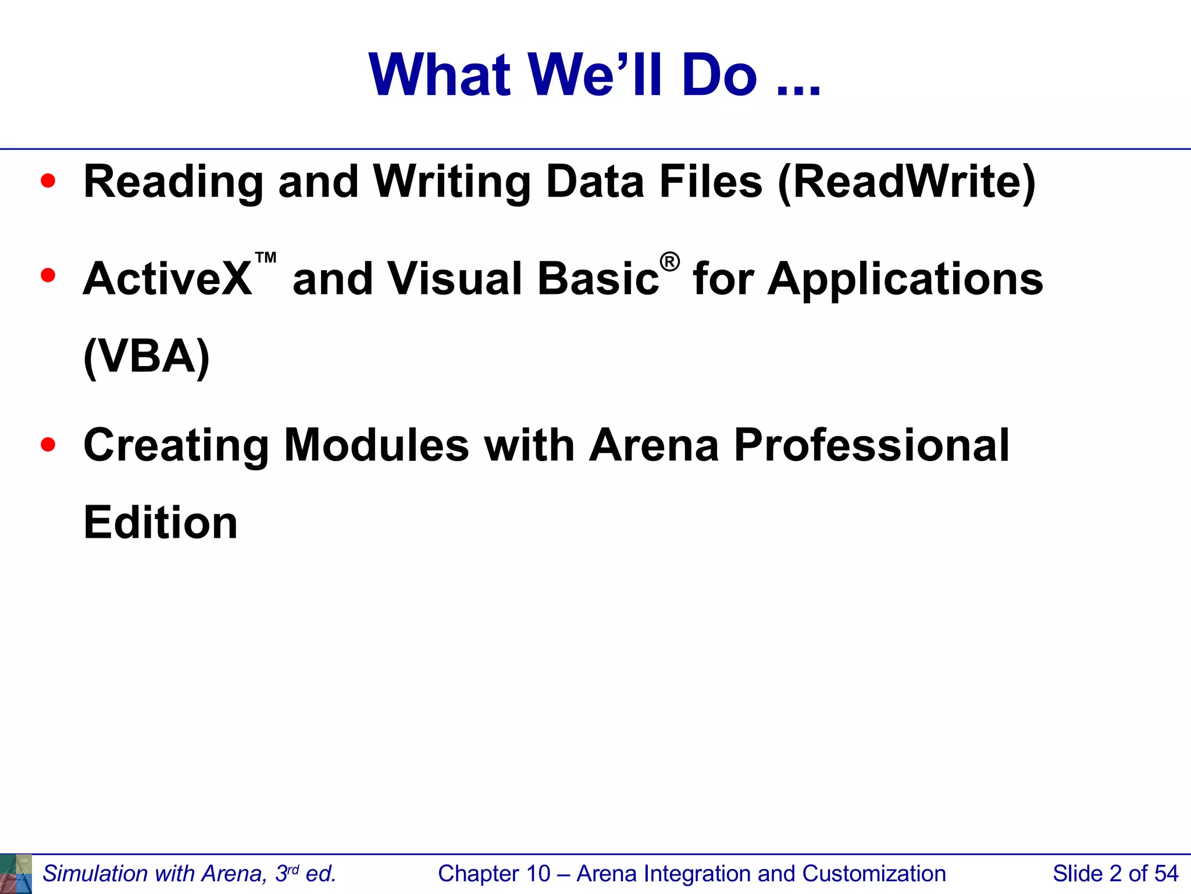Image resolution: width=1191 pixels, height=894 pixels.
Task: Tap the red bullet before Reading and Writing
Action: coord(48,181)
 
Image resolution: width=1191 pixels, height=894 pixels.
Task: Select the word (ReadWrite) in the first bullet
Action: coord(907,182)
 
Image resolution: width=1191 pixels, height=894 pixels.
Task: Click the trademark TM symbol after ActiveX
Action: coord(266,258)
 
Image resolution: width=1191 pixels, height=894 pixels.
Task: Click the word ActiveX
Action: coord(167,279)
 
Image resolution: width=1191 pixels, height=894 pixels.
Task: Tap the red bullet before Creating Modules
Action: coord(48,445)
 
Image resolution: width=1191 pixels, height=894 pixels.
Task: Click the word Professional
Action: coord(872,445)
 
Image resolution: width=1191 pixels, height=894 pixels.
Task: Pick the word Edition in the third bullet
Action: coord(161,523)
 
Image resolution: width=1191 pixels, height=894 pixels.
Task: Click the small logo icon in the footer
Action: coord(16,874)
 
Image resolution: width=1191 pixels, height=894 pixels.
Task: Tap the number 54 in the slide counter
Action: coord(1166,874)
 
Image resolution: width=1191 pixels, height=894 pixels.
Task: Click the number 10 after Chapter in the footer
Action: coord(538,874)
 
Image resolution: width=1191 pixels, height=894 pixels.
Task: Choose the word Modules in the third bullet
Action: coord(376,445)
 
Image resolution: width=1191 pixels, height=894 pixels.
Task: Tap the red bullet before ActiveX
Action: coord(48,275)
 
